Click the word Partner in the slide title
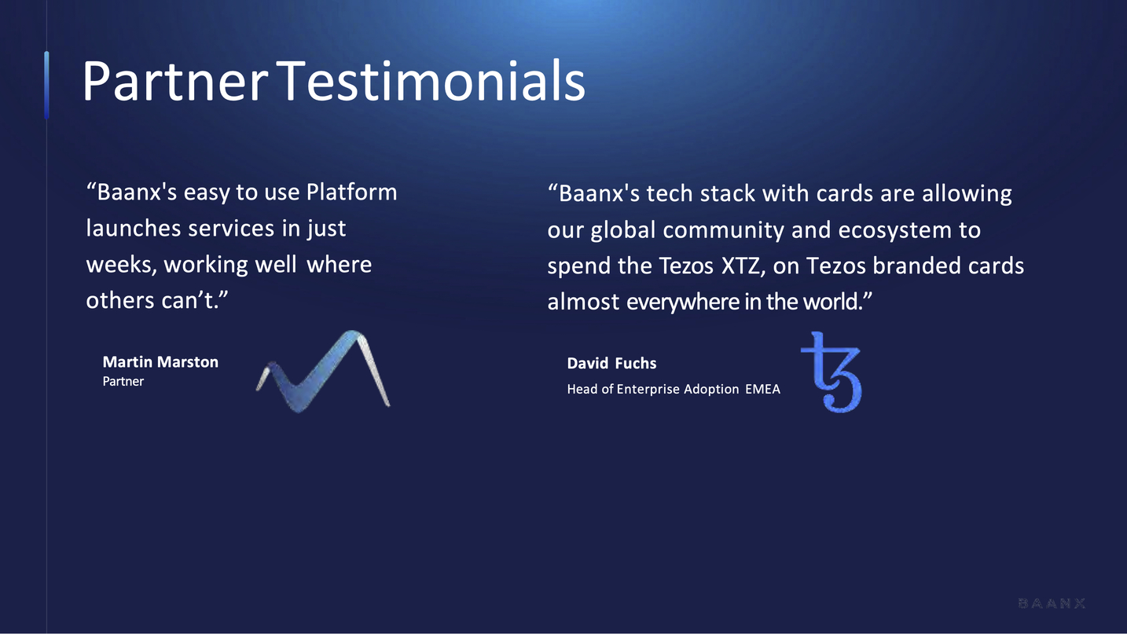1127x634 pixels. point(174,81)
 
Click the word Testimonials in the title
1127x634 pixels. point(431,81)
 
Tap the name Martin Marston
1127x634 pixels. point(160,362)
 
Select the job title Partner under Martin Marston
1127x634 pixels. point(123,381)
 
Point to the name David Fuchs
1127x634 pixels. point(611,363)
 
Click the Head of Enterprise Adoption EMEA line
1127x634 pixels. point(674,389)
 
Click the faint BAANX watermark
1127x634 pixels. point(1052,603)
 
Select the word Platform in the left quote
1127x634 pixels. point(351,192)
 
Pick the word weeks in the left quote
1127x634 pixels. point(121,265)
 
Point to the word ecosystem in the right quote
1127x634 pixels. point(895,230)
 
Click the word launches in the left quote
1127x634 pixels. point(134,229)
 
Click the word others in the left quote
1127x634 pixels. point(120,301)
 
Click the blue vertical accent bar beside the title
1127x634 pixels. point(46,85)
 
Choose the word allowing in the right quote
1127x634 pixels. point(967,194)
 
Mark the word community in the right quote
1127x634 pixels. point(723,230)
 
